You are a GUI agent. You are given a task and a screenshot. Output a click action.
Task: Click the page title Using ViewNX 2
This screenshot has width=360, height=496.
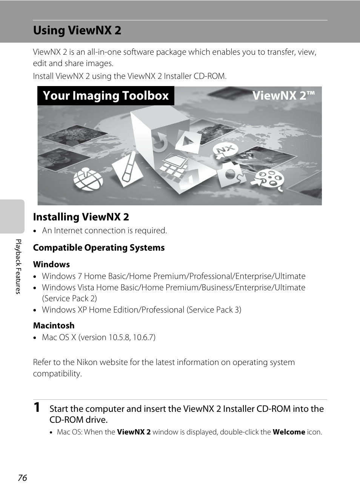[77, 30]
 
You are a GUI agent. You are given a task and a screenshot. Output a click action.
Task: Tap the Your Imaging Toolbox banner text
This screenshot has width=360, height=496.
[106, 96]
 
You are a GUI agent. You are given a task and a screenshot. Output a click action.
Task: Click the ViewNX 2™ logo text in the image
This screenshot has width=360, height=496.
[283, 96]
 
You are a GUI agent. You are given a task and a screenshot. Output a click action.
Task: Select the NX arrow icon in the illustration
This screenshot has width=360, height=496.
[225, 151]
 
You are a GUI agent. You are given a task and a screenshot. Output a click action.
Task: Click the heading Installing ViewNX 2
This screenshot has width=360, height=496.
[81, 217]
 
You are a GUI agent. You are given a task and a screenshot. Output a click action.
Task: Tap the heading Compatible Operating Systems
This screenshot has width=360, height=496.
[99, 248]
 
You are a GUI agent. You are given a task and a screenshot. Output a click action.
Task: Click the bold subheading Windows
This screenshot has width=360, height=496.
[51, 264]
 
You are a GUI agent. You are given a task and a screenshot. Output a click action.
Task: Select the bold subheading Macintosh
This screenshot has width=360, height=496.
[54, 325]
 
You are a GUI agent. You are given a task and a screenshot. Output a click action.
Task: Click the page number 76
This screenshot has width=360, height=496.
[22, 478]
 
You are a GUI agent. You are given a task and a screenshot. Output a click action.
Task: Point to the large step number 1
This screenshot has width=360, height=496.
[37, 407]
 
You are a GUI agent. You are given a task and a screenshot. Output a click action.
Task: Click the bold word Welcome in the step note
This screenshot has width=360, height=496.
[289, 432]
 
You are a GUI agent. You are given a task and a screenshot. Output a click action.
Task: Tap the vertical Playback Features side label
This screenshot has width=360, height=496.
[18, 266]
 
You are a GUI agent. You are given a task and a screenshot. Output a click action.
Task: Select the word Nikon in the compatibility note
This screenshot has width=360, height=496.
[87, 362]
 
